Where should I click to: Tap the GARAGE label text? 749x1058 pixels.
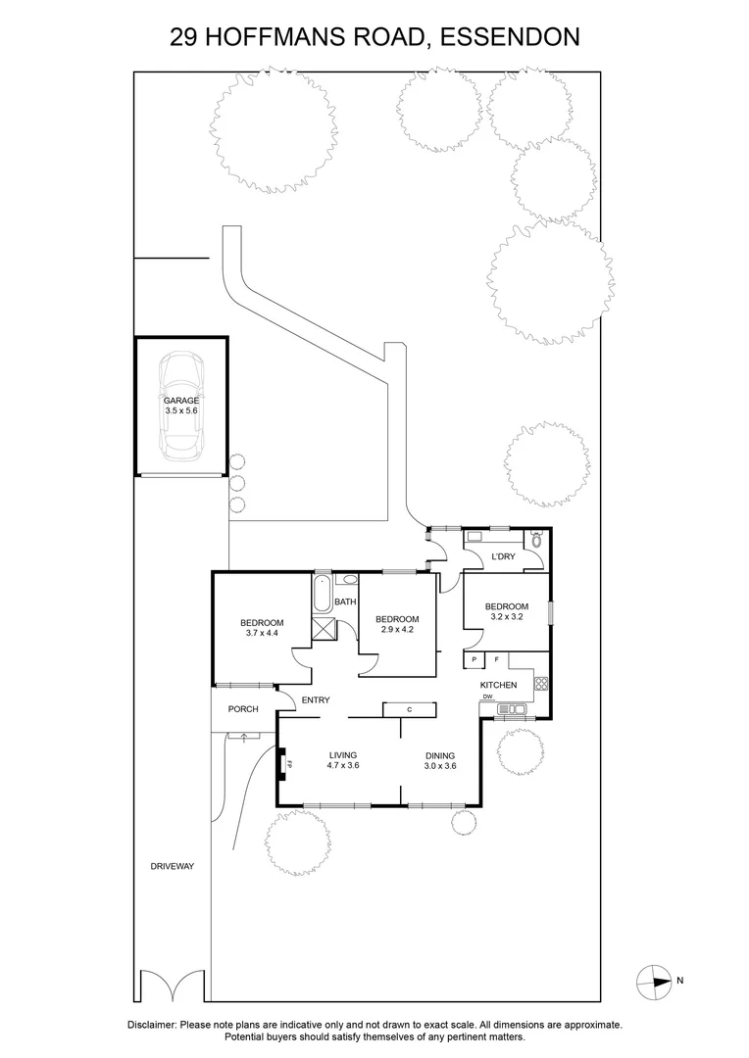181,401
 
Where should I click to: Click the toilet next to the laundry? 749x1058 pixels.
535,540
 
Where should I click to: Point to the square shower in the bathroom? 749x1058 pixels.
323,628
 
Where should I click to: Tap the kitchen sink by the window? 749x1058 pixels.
511,708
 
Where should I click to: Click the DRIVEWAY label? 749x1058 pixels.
174,867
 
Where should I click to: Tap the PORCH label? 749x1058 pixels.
243,709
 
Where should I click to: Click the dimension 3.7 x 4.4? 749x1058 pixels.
262,634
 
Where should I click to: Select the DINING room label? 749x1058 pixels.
439,755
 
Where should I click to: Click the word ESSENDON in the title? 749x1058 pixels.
508,37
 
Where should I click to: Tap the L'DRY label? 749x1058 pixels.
503,557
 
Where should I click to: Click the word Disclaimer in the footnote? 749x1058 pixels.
151,1024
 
